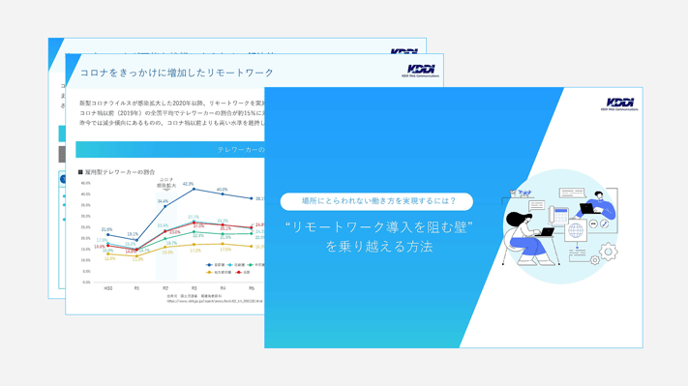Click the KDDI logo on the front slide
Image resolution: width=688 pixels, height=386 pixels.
tap(619, 104)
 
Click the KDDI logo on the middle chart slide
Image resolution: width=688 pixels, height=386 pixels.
tap(421, 71)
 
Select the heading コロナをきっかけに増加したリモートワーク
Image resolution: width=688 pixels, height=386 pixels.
tap(177, 73)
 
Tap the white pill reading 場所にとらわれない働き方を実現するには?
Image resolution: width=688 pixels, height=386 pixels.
tap(376, 201)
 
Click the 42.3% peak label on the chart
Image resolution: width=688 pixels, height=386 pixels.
tap(189, 184)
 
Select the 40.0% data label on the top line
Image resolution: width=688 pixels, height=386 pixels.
tap(223, 190)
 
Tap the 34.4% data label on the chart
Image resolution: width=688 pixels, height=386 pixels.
tap(163, 201)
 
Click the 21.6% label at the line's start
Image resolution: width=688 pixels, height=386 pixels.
tap(106, 229)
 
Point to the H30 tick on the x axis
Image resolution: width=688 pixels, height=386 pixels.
tap(107, 288)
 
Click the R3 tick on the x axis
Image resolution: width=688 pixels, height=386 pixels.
tap(194, 288)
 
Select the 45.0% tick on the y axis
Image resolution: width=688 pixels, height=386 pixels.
tap(85, 183)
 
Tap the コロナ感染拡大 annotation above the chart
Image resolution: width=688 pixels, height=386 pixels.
tap(165, 182)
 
